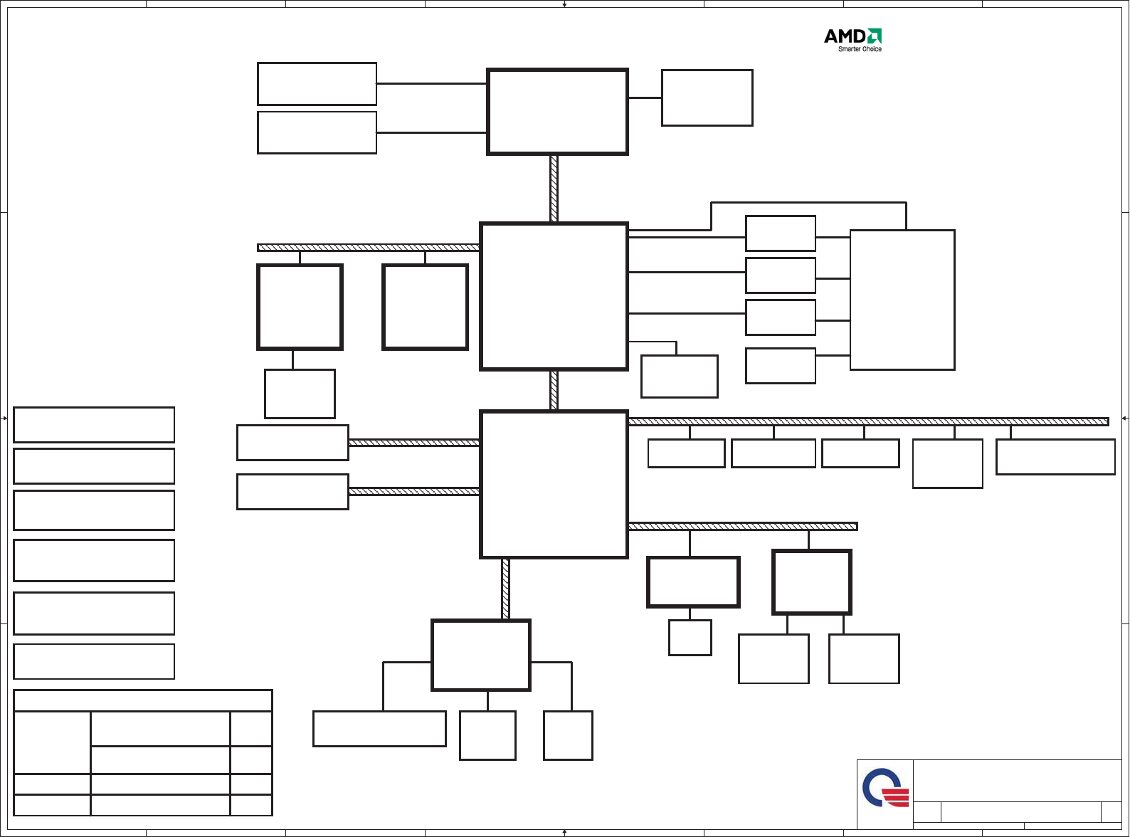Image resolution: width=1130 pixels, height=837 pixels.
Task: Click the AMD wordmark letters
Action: (x=844, y=36)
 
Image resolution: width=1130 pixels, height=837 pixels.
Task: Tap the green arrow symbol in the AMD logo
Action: (x=875, y=36)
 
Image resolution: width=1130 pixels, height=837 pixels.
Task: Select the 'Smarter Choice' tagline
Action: (x=860, y=49)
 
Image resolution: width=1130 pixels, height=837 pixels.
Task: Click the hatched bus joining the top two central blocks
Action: (x=554, y=189)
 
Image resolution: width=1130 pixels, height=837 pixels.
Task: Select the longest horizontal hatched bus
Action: (x=868, y=422)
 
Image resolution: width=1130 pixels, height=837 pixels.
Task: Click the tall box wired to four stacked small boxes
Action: (x=902, y=300)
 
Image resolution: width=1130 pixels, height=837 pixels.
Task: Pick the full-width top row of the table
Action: (x=143, y=700)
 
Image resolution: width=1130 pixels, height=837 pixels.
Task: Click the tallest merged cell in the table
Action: (x=52, y=742)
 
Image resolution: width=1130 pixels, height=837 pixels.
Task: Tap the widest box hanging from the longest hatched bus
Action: (x=1055, y=457)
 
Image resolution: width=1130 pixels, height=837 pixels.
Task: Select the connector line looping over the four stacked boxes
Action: (x=808, y=203)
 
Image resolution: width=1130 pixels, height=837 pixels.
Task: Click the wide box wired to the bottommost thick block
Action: (x=379, y=729)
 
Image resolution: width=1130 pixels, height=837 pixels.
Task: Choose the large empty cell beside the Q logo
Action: (x=1018, y=781)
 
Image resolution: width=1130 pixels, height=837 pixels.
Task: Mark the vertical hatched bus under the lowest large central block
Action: (x=506, y=589)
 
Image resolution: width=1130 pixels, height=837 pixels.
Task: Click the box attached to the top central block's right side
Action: (x=707, y=98)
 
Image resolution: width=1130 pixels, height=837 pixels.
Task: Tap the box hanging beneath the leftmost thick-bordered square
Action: (x=300, y=394)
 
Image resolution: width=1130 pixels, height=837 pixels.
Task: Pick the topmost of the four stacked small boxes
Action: (x=781, y=233)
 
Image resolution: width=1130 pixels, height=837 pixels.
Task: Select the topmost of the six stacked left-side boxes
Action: (x=94, y=425)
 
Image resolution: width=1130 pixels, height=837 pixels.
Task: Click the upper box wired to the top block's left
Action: (x=317, y=84)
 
